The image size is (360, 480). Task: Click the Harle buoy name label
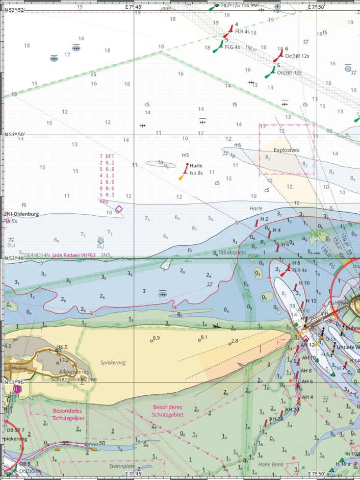(196, 166)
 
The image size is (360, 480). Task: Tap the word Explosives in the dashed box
(287, 150)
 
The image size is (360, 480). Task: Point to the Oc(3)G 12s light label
(289, 72)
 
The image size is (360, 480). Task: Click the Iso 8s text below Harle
(196, 173)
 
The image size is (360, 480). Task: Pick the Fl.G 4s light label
(230, 46)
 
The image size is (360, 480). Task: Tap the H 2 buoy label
(264, 219)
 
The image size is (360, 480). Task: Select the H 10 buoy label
(304, 283)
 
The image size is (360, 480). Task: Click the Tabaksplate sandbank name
(233, 252)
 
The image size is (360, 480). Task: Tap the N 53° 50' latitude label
(15, 135)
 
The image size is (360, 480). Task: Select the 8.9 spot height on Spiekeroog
(157, 338)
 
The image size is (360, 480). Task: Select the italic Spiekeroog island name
(115, 363)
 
